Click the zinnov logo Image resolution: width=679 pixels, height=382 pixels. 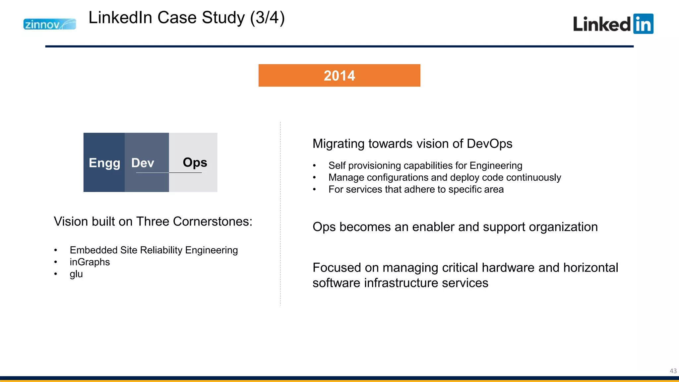click(50, 24)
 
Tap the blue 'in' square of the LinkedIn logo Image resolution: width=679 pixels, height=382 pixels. click(643, 24)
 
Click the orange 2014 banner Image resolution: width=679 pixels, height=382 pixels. click(339, 76)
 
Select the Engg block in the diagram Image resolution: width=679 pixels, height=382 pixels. click(104, 162)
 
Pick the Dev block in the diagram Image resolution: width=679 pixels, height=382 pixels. click(147, 162)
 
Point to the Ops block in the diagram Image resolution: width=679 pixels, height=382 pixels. click(194, 162)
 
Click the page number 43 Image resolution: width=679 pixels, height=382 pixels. click(673, 371)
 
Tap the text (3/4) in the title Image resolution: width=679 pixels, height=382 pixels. click(267, 18)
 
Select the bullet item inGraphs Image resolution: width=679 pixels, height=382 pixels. click(90, 262)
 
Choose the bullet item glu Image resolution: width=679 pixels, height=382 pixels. click(76, 274)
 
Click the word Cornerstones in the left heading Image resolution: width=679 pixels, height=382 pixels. click(212, 222)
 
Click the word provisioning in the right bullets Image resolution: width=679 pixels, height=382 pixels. click(375, 165)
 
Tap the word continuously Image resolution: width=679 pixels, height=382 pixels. click(533, 177)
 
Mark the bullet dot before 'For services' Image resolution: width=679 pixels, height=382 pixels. click(314, 189)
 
